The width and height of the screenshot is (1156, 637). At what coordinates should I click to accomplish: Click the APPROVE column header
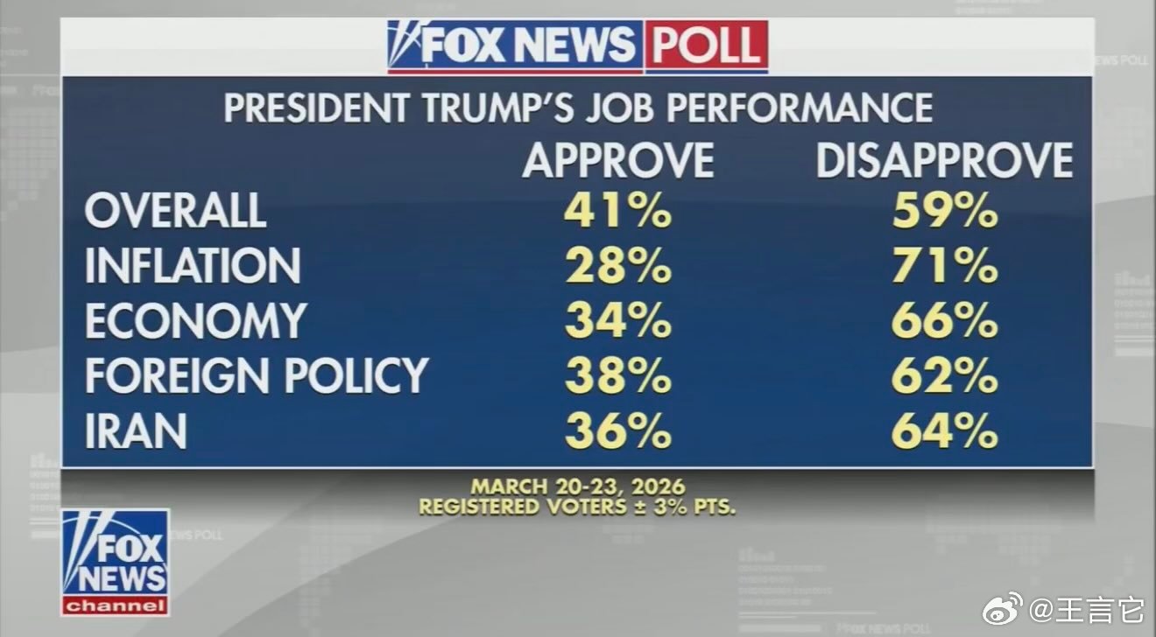tap(618, 161)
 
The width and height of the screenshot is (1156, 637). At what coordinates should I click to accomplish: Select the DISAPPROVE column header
tap(944, 161)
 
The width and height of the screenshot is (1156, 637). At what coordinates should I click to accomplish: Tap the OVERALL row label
tap(175, 211)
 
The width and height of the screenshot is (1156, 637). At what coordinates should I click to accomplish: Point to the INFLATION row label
tap(193, 266)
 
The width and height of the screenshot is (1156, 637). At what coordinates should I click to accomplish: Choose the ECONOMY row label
tap(195, 321)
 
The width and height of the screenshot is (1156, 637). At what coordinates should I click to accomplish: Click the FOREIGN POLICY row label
tap(256, 375)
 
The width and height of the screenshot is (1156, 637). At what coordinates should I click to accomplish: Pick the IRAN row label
tap(136, 430)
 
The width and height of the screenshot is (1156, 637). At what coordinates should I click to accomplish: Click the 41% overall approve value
tap(618, 211)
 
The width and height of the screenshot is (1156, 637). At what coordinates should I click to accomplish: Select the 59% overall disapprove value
tap(945, 211)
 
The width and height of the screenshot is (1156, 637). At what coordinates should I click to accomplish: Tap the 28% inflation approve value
tap(618, 266)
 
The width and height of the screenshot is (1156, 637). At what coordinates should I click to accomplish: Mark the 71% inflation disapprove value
tap(945, 266)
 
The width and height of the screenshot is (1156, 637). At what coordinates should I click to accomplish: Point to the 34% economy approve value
tap(618, 321)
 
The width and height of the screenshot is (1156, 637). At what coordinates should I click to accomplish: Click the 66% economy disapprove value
tap(945, 321)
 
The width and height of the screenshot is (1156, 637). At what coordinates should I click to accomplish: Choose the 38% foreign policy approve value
tap(618, 375)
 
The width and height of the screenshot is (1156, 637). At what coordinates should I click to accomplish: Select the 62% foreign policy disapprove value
tap(945, 375)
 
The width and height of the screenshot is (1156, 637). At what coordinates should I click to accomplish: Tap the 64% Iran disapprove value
tap(945, 430)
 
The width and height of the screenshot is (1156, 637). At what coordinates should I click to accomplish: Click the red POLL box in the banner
tap(707, 46)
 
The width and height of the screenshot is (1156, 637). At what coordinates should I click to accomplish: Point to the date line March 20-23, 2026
tap(577, 486)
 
